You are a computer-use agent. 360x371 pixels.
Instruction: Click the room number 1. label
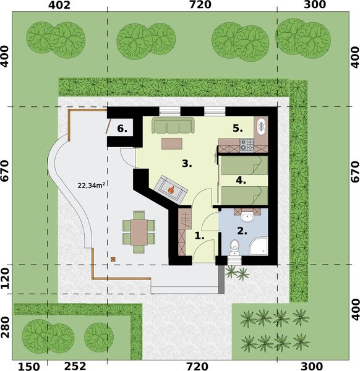click(x=199, y=236)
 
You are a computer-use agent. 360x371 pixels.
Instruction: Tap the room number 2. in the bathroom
click(x=241, y=231)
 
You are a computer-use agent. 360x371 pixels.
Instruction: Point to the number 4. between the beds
click(x=241, y=181)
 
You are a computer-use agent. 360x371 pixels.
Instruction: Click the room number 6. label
click(x=122, y=129)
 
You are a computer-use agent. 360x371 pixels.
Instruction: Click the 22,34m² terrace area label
click(x=91, y=184)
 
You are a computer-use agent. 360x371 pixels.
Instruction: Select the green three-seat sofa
click(x=173, y=127)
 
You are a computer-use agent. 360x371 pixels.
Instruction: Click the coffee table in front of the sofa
click(x=172, y=143)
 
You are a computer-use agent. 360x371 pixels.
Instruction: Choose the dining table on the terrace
click(x=139, y=232)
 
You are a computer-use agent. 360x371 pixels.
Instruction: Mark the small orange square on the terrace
click(x=113, y=259)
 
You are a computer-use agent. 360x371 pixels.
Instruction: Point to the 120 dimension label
click(x=6, y=279)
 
